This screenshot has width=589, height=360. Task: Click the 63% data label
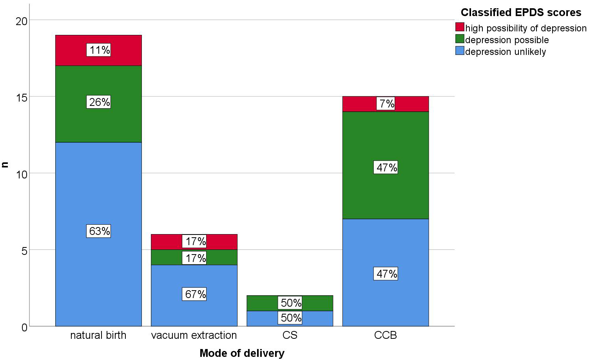[x=100, y=231]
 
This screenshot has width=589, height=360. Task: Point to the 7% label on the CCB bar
[x=386, y=104]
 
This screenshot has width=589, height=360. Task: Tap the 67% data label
[x=195, y=294]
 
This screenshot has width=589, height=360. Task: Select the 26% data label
[x=100, y=102]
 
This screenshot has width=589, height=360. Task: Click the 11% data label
[x=100, y=50]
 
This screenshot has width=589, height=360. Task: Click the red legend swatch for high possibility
[x=460, y=27]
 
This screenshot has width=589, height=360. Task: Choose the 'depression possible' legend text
[x=507, y=40]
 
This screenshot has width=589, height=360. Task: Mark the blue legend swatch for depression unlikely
[x=460, y=51]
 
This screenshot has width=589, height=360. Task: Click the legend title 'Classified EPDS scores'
[x=521, y=13]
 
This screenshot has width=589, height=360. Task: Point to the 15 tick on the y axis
[x=22, y=97]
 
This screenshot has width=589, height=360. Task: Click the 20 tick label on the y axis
[x=22, y=21]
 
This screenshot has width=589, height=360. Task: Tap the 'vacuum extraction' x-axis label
[x=194, y=335]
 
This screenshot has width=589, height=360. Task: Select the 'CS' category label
[x=290, y=335]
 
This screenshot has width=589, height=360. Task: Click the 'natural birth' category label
[x=98, y=335]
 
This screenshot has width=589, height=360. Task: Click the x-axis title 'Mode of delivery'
[x=242, y=353]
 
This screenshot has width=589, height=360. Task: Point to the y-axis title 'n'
[x=5, y=165]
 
